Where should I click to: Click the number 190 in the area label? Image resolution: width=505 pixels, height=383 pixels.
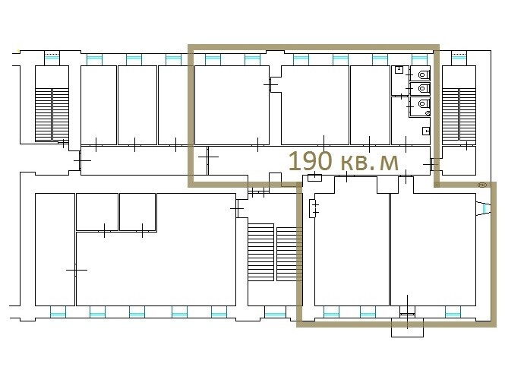(x=310, y=160)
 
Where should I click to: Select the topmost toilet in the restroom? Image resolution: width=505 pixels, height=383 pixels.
(x=424, y=74)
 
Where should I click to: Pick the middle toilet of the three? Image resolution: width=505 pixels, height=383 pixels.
(x=424, y=88)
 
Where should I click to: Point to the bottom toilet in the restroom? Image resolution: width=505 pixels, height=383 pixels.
(x=424, y=103)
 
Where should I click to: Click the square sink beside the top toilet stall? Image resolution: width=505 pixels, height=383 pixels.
(x=399, y=70)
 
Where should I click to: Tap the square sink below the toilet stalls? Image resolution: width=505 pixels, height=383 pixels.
(x=426, y=131)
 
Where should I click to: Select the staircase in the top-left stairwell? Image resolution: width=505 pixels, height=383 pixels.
(x=52, y=115)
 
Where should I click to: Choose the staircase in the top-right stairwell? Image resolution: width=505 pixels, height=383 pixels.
(x=459, y=115)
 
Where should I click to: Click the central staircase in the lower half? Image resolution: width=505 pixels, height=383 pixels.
(x=274, y=254)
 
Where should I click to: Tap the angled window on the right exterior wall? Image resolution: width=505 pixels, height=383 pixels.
(x=483, y=208)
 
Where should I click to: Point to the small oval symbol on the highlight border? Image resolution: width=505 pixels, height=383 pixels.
(x=482, y=185)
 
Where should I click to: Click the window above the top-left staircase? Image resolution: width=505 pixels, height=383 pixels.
(x=52, y=59)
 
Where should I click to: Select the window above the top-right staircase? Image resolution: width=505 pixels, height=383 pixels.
(x=459, y=59)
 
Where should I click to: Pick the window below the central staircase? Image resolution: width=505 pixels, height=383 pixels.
(x=275, y=312)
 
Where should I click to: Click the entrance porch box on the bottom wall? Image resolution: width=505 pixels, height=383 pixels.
(x=407, y=328)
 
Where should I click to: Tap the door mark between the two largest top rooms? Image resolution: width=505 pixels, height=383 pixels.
(x=271, y=84)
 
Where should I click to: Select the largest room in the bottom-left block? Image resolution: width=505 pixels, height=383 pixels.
(x=156, y=267)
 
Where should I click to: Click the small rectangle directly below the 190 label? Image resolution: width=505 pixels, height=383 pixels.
(x=314, y=177)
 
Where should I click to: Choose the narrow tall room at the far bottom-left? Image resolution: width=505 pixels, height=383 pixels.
(x=55, y=249)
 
